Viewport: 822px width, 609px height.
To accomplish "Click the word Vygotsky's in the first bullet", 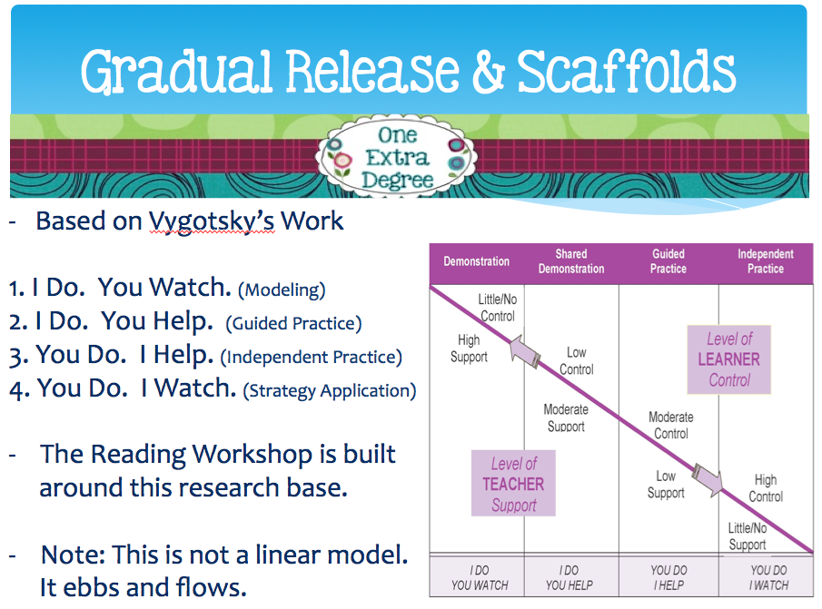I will pyautogui.click(x=212, y=221).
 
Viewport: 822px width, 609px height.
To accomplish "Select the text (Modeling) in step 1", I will pyautogui.click(x=281, y=290).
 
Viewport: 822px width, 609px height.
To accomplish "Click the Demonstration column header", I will pyautogui.click(x=476, y=261).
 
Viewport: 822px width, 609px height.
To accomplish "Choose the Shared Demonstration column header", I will pyautogui.click(x=571, y=261).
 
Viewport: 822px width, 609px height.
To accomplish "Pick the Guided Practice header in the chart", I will pyautogui.click(x=668, y=261).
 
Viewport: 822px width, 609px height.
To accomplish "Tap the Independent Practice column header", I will pyautogui.click(x=766, y=261).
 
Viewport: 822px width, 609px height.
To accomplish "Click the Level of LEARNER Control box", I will pyautogui.click(x=729, y=359).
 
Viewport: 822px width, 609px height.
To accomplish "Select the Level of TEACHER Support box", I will pyautogui.click(x=513, y=484).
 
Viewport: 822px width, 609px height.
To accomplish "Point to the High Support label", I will pyautogui.click(x=469, y=349).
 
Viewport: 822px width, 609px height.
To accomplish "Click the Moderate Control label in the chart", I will pyautogui.click(x=670, y=426).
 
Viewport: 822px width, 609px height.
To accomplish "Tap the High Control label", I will pyautogui.click(x=766, y=488).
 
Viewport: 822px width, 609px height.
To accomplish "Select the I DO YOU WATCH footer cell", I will pyautogui.click(x=479, y=578).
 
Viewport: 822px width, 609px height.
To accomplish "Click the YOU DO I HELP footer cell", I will pyautogui.click(x=668, y=578).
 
